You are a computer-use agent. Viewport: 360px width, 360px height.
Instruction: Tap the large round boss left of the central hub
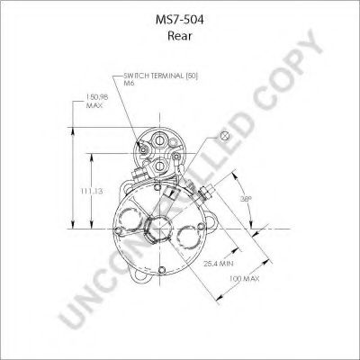tap(130, 221)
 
